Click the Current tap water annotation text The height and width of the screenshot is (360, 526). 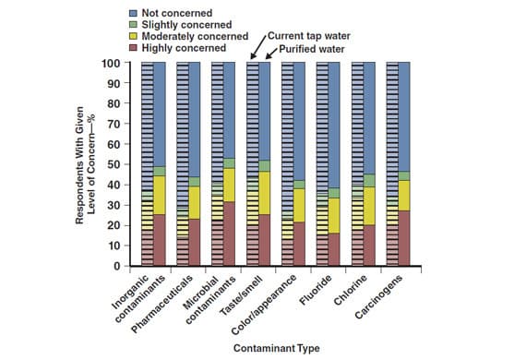(x=310, y=35)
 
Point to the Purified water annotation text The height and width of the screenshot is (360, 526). (x=315, y=47)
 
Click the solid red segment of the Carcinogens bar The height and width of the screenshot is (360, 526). (x=404, y=238)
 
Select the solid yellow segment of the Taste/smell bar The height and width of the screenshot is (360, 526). (x=264, y=193)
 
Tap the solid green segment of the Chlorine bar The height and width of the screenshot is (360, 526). (x=369, y=181)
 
